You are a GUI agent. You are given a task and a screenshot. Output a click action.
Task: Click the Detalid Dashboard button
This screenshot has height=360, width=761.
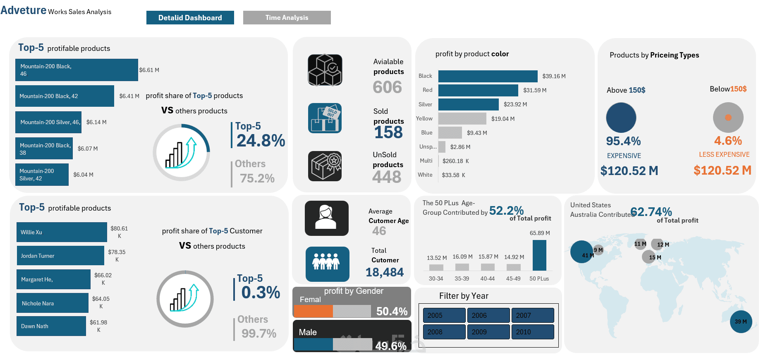coord(190,18)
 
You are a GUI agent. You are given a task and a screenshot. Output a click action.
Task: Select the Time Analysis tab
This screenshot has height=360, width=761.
coord(287,18)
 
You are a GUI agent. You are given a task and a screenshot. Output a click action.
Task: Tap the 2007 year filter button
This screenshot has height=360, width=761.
coord(532,315)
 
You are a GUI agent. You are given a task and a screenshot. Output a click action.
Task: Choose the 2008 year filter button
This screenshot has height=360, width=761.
coord(444,332)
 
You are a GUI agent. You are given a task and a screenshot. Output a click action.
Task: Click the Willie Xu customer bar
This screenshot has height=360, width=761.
coord(62,232)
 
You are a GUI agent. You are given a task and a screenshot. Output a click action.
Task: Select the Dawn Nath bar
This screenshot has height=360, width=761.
coord(51,326)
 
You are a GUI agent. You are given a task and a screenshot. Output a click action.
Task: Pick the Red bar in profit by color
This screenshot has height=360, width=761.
coord(478,90)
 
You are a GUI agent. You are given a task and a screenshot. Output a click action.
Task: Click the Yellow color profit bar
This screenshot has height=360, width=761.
coord(462,118)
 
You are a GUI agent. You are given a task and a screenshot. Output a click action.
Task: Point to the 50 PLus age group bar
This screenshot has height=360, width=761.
coord(539,255)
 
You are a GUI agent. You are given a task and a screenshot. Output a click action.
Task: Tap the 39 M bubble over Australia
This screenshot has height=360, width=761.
coord(741,322)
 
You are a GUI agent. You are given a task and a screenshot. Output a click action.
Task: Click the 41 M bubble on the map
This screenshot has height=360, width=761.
coord(582,252)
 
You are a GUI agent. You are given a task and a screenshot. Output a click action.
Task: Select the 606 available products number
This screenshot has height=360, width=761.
coord(387,87)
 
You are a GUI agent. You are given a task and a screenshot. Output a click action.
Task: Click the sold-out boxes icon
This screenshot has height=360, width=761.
coord(325,118)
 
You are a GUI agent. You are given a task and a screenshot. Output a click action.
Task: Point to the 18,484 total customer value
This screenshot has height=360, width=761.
coord(384,272)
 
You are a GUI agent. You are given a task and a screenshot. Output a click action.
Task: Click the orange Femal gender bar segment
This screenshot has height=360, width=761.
coord(313,311)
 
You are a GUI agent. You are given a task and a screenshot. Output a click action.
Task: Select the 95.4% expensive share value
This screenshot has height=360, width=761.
coord(623,141)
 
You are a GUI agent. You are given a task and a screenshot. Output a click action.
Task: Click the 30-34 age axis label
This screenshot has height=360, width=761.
coord(436,278)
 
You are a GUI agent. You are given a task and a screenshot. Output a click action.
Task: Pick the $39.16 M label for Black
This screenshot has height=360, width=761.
coord(554,76)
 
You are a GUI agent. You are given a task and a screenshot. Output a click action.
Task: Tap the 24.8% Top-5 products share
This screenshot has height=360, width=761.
coord(261,141)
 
